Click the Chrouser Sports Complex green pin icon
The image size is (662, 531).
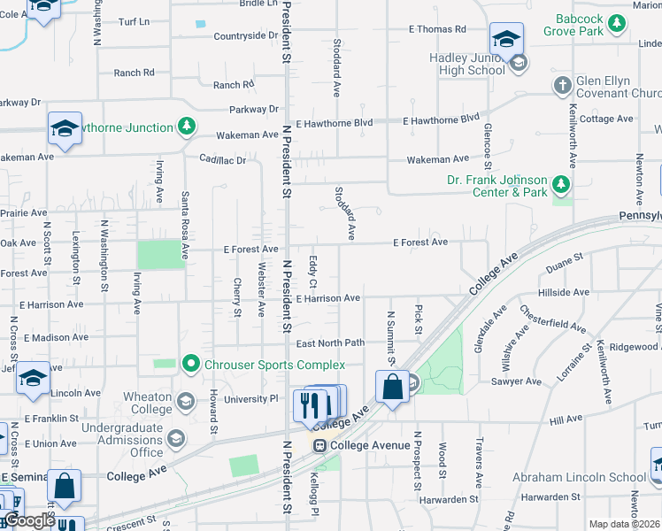tap(189, 364)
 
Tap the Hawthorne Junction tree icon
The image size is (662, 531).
tap(186, 127)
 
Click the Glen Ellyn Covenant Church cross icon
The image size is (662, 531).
tap(561, 86)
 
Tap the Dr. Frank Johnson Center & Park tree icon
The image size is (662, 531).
tap(559, 184)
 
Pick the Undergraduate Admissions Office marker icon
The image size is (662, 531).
tap(176, 440)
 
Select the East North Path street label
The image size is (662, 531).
tap(330, 343)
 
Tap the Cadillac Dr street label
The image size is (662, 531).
tap(229, 160)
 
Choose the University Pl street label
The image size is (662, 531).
tap(250, 399)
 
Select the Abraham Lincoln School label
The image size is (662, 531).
tap(580, 477)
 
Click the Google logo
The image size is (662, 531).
tap(29, 520)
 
